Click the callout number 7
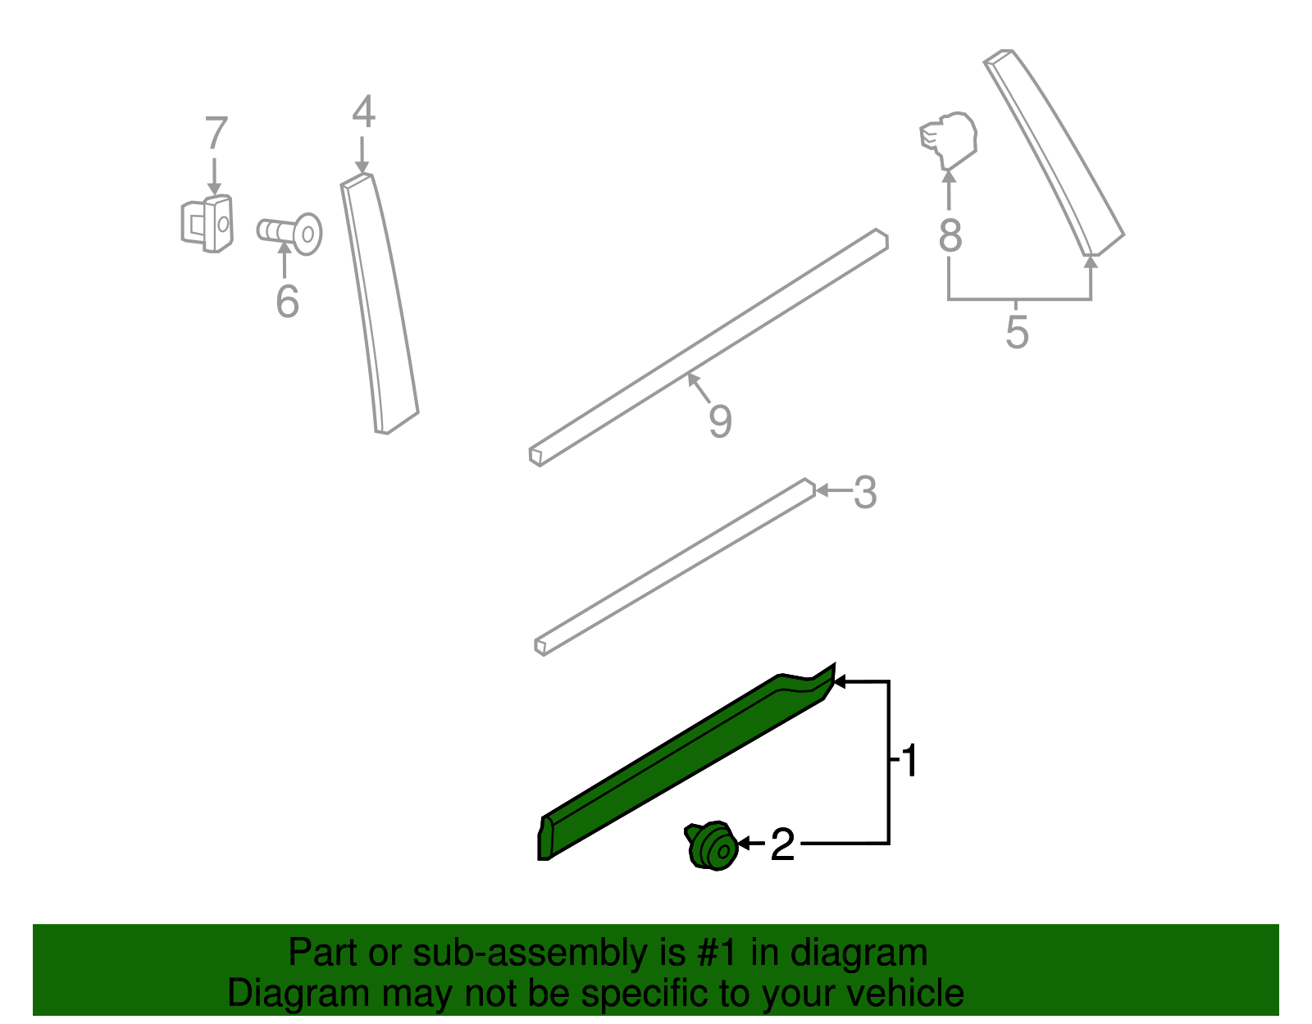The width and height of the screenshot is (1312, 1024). [x=216, y=133]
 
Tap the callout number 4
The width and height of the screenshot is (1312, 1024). [x=364, y=112]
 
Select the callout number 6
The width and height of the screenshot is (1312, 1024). [x=287, y=301]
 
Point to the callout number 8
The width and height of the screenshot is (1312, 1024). [x=950, y=235]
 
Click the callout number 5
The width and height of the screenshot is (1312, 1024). [x=1017, y=332]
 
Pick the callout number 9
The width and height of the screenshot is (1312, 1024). [x=720, y=421]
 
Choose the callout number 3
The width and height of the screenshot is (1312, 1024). [x=865, y=493]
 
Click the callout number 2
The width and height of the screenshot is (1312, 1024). [x=782, y=844]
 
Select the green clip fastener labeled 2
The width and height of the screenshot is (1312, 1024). [x=711, y=845]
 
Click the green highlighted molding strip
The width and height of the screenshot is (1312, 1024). [x=686, y=762]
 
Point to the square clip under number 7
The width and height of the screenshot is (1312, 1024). [x=207, y=223]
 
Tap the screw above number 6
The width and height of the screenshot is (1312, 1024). [x=289, y=234]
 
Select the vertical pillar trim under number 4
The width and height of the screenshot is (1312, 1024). [x=379, y=303]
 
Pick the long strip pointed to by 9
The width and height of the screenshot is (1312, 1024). [x=708, y=348]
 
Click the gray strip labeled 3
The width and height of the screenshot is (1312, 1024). [x=675, y=567]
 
